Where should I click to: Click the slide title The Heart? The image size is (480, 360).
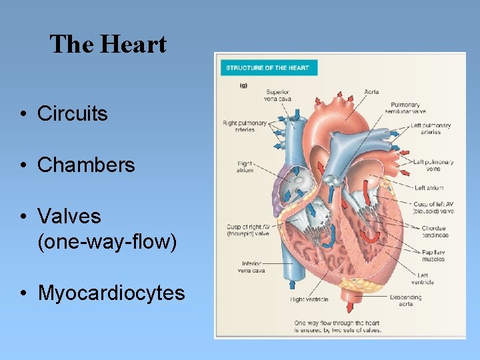[x=108, y=45]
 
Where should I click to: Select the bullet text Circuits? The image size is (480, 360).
[x=72, y=114]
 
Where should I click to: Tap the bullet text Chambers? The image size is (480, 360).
[x=86, y=165]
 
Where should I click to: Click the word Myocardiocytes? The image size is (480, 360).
[x=111, y=293]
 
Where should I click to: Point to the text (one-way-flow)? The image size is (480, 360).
[x=107, y=241]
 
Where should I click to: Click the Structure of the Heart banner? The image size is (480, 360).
[x=267, y=68]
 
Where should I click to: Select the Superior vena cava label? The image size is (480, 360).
[x=277, y=95]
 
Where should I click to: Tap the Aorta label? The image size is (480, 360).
[x=372, y=91]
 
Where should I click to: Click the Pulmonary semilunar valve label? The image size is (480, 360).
[x=405, y=108]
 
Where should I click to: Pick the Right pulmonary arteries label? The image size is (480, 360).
[x=244, y=127]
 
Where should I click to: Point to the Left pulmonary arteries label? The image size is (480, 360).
[x=431, y=129]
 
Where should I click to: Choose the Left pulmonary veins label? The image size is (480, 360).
[x=433, y=165]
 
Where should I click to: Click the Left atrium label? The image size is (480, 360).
[x=429, y=188]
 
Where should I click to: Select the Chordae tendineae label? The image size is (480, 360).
[x=434, y=232]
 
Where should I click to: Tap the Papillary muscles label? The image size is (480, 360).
[x=433, y=256]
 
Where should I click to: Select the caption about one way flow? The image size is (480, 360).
[x=337, y=327]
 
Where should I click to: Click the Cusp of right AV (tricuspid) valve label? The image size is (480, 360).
[x=247, y=231]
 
